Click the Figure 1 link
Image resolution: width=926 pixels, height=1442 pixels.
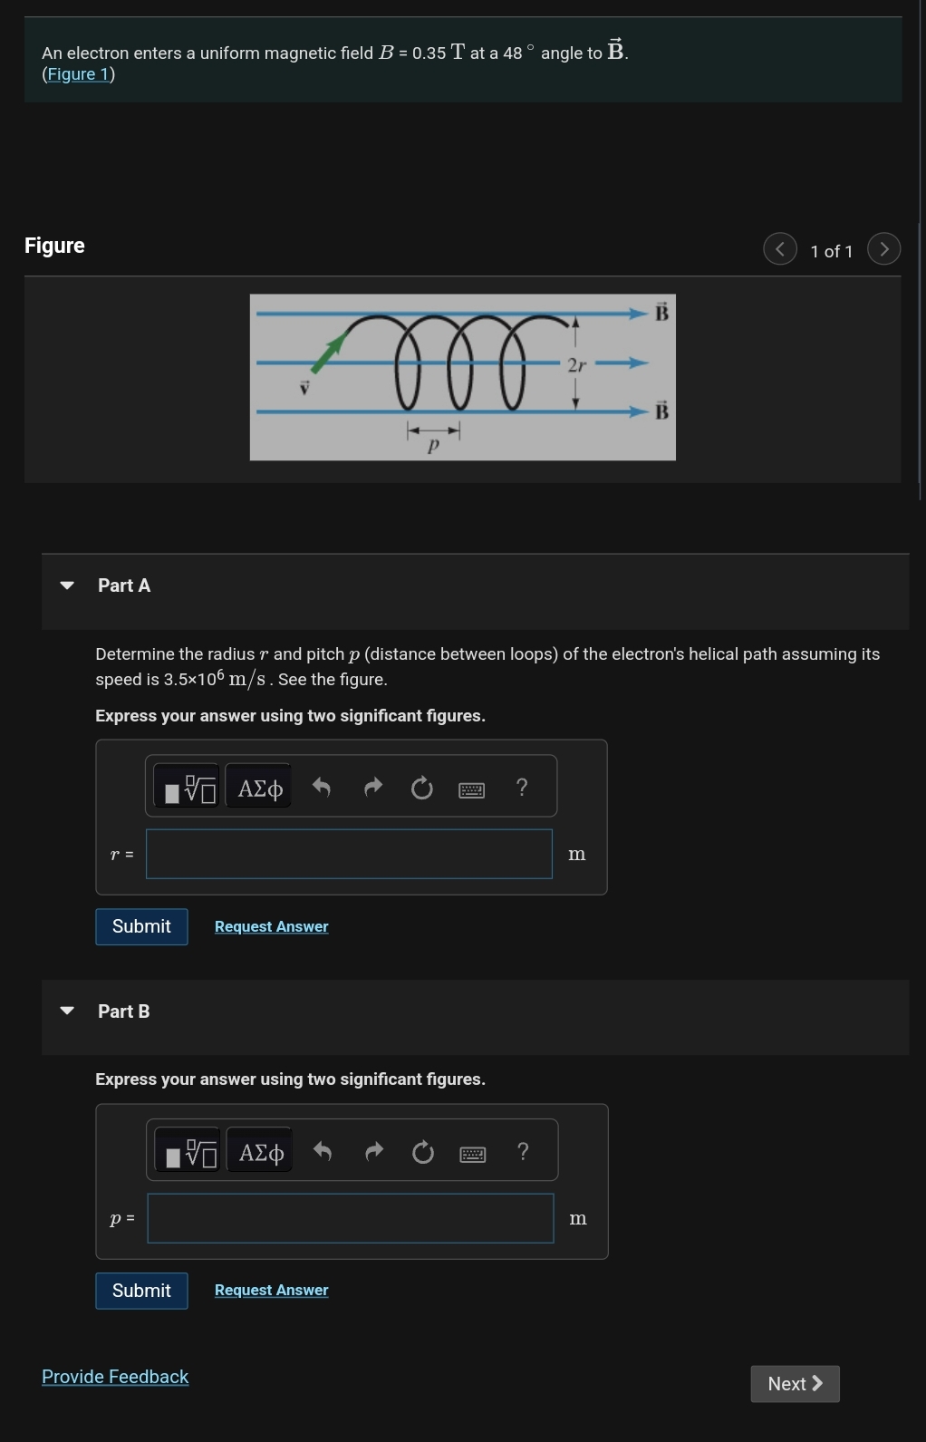coord(78,74)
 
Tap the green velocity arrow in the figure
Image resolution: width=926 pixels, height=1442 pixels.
coord(328,353)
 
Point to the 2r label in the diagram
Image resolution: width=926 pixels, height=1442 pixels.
coord(576,365)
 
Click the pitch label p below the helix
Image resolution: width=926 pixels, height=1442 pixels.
coord(433,445)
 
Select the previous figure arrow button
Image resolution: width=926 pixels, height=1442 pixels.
coord(780,248)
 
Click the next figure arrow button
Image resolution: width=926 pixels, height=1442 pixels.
coord(883,248)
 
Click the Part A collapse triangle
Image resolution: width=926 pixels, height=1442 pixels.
coord(67,586)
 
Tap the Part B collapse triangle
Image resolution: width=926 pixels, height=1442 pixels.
coord(67,1011)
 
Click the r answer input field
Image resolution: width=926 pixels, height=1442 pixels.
coord(349,854)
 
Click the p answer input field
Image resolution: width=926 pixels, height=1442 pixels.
coord(350,1218)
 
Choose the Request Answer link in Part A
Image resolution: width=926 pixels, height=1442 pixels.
coord(271,926)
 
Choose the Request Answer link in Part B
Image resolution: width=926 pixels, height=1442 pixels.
coord(271,1290)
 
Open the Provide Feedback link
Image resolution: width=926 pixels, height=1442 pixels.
coord(115,1377)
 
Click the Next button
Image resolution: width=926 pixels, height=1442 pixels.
coord(795,1384)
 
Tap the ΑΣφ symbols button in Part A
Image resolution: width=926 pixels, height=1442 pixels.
coord(260,788)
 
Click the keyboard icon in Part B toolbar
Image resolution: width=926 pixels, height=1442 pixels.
coord(473,1154)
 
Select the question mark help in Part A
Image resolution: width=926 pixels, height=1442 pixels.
coord(521,787)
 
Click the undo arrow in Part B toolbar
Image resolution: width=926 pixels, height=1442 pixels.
coord(323,1152)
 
